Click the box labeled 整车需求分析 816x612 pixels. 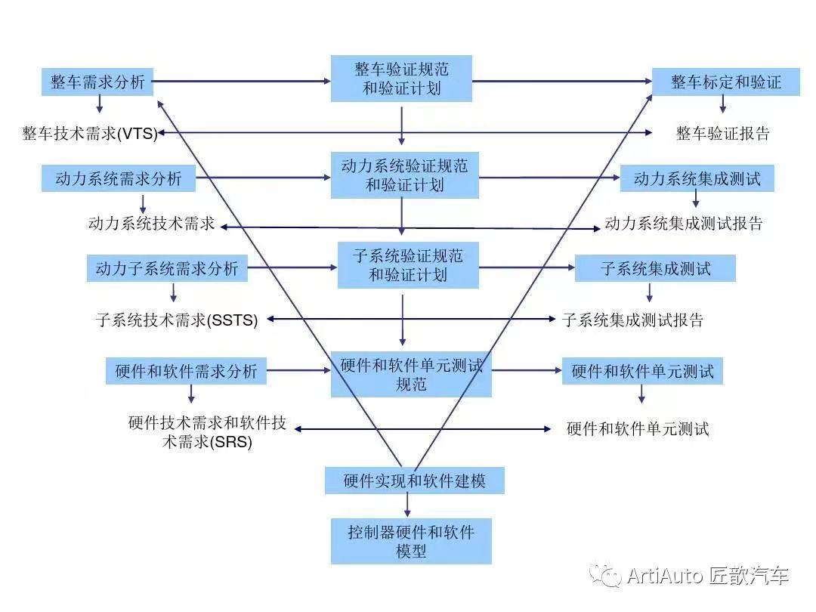pyautogui.click(x=97, y=82)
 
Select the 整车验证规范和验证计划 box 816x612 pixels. pyautogui.click(x=401, y=79)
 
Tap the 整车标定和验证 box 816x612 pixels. pyautogui.click(x=725, y=82)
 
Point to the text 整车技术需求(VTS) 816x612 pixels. pyautogui.click(x=90, y=134)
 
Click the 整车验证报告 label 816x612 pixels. pyautogui.click(x=722, y=134)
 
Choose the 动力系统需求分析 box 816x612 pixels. pyautogui.click(x=119, y=179)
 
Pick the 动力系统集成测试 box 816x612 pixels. pyautogui.click(x=697, y=179)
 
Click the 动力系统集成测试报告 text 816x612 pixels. pyautogui.click(x=684, y=224)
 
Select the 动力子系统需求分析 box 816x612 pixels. pyautogui.click(x=167, y=267)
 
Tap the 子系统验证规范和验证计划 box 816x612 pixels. pyautogui.click(x=408, y=265)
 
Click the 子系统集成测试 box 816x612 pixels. pyautogui.click(x=655, y=268)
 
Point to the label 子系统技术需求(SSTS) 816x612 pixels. pyautogui.click(x=178, y=320)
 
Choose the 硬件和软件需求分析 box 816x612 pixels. pyautogui.click(x=186, y=371)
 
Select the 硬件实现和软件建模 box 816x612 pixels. pyautogui.click(x=414, y=481)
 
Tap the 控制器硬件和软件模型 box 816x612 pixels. pyautogui.click(x=411, y=541)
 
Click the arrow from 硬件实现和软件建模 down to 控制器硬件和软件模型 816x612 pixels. pyautogui.click(x=408, y=505)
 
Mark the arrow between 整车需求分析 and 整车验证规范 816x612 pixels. pyautogui.click(x=242, y=80)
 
